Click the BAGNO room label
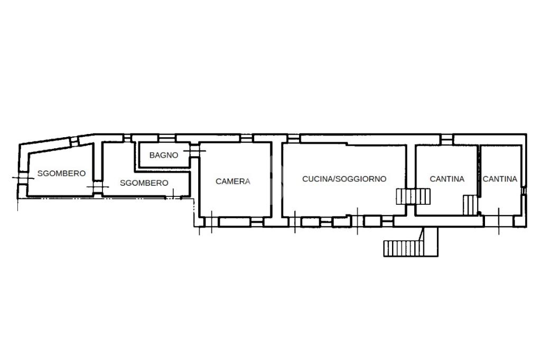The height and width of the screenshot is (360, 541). [164, 155]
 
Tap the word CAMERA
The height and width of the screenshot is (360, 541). [233, 182]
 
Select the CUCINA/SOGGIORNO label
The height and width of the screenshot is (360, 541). [344, 178]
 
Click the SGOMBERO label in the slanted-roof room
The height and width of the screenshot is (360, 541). [61, 174]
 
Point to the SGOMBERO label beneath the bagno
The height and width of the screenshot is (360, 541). [144, 183]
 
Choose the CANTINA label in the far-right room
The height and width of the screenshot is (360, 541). [500, 179]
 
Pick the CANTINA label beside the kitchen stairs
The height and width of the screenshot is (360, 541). [447, 179]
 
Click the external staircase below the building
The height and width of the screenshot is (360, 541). [403, 248]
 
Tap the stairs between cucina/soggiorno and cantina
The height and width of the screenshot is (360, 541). [413, 196]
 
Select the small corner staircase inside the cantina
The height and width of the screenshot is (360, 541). [470, 205]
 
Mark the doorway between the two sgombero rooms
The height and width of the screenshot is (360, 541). [98, 187]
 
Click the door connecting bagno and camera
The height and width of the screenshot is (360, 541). [194, 150]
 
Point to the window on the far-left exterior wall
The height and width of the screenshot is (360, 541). [23, 177]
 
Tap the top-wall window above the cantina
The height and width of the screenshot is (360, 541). [446, 139]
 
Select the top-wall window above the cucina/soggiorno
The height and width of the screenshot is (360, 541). [294, 138]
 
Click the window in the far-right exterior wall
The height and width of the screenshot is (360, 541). [524, 191]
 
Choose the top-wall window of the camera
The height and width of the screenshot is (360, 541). [247, 138]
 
